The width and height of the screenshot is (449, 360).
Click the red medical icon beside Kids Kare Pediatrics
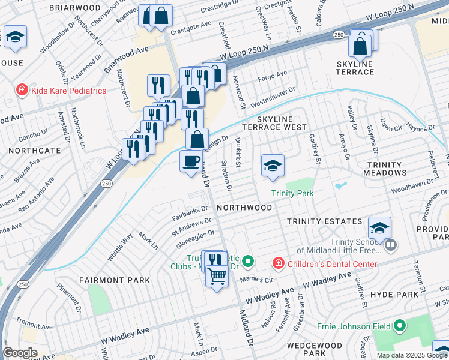[22, 91]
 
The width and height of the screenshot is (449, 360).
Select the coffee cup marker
[191, 161]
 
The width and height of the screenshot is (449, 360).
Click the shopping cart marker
[217, 277]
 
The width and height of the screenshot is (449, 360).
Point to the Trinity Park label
[292, 193]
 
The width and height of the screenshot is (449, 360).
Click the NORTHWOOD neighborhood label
[244, 207]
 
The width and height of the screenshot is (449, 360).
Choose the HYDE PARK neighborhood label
[394, 295]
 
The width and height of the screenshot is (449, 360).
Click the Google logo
[20, 353]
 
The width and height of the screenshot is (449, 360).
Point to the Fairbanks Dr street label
[190, 212]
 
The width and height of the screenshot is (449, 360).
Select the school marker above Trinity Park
[273, 166]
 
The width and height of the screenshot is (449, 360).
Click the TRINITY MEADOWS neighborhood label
[384, 169]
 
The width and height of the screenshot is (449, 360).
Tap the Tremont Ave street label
[32, 323]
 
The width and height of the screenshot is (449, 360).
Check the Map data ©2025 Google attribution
[412, 355]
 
